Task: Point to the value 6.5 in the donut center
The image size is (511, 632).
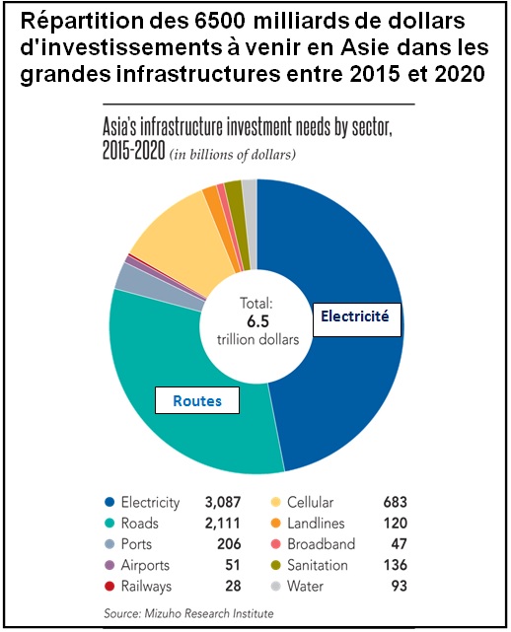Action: [256, 321]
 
